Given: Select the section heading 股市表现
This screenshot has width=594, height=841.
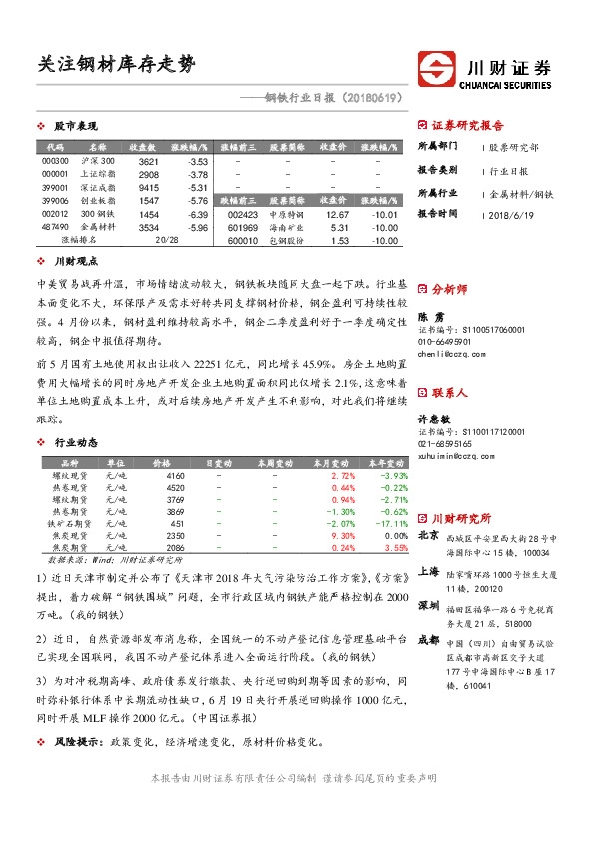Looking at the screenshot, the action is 75,127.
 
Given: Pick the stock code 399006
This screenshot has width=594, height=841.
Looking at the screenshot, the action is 55,201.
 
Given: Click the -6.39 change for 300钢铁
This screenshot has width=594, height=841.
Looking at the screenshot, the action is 196,214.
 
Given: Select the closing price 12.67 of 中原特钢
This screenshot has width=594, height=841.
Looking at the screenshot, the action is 337,214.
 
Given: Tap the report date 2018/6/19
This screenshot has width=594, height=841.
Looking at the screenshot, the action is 512,214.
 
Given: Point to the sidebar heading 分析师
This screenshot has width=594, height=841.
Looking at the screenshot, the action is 449,288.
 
